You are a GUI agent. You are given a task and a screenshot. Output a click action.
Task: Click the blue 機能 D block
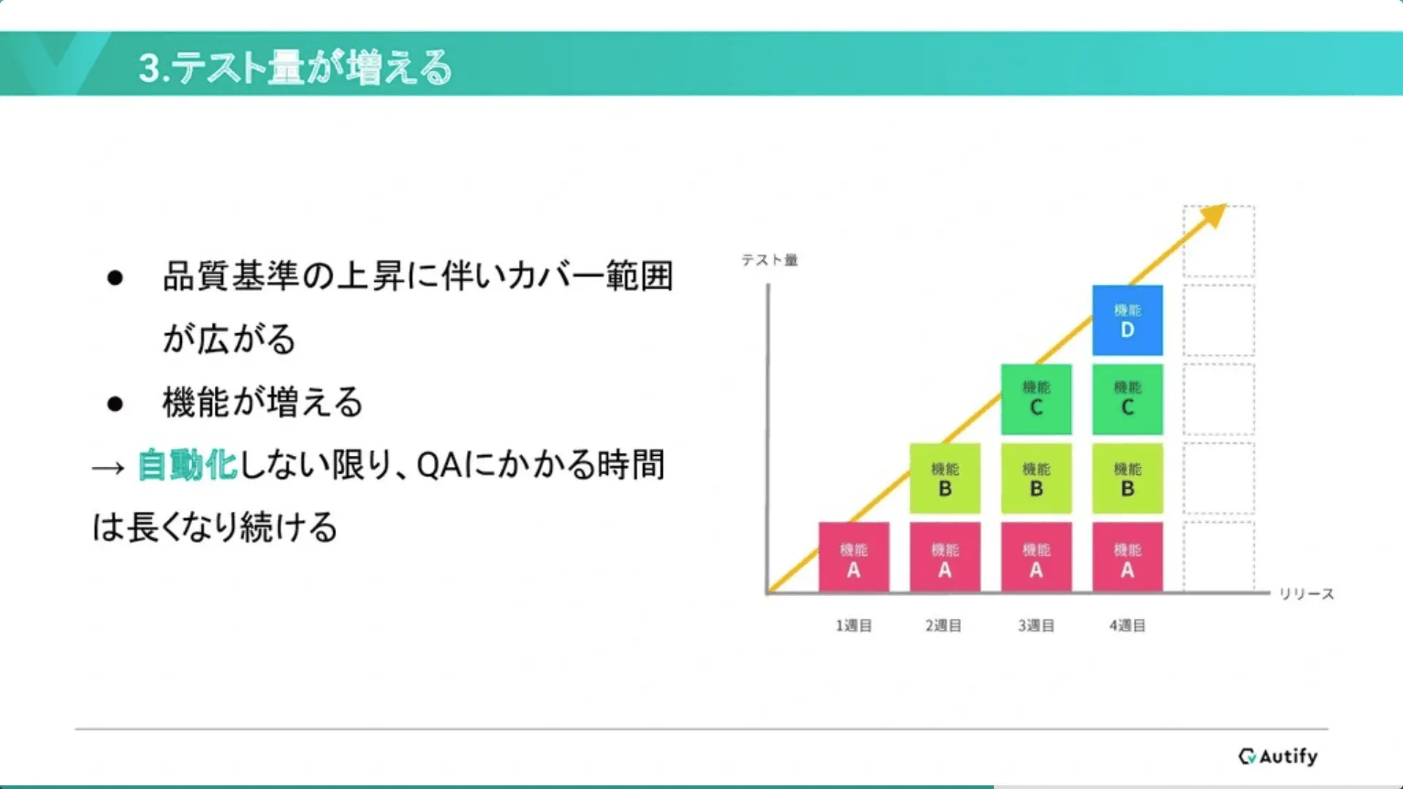tap(1128, 320)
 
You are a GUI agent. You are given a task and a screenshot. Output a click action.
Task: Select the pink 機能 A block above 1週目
tap(853, 557)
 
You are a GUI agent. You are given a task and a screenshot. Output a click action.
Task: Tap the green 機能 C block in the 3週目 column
tap(1036, 399)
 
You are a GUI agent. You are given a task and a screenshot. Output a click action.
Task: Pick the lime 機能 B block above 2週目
tap(945, 478)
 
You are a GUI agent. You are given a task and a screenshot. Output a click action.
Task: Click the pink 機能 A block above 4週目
tap(1128, 557)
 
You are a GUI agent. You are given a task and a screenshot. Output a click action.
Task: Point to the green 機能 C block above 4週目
tap(1128, 399)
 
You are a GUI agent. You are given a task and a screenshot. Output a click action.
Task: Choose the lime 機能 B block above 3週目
tap(1036, 478)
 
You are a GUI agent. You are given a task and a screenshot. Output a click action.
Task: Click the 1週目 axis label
tap(853, 625)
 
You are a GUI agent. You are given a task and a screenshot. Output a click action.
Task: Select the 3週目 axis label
tap(1036, 625)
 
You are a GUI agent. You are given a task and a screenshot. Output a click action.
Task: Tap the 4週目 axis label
tap(1128, 625)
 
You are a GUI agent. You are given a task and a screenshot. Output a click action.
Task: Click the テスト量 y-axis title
tap(769, 260)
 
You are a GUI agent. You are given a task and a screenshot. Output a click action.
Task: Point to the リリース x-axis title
tap(1307, 594)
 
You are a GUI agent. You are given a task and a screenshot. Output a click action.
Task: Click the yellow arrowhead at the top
tap(1214, 215)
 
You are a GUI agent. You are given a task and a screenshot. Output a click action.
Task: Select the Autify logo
tap(1278, 756)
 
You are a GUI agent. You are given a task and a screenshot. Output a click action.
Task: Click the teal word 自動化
tap(188, 465)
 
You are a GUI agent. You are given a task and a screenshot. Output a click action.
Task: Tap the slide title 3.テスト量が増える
tap(295, 67)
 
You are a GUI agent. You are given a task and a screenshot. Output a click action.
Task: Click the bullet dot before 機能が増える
tap(115, 403)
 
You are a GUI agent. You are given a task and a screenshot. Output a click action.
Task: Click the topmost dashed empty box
tap(1219, 241)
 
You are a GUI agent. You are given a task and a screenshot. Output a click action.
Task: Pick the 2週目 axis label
tap(943, 625)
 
